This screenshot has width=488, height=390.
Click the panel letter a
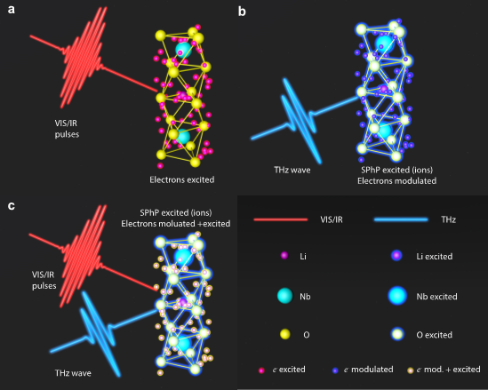click(12, 10)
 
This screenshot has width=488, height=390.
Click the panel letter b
click(242, 12)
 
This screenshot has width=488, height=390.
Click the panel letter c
click(12, 206)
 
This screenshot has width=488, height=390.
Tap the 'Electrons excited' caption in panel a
click(181, 179)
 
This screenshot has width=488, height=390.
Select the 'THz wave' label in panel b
click(292, 170)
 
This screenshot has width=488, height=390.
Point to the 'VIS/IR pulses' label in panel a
click(67, 129)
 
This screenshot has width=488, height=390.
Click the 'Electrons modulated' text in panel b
click(396, 180)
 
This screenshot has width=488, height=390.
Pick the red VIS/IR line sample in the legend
click(281, 219)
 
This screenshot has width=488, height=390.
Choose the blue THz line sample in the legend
click(401, 219)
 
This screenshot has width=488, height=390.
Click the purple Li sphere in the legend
click(284, 255)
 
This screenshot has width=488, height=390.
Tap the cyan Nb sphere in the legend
click(284, 296)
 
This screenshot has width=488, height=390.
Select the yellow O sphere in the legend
click(285, 334)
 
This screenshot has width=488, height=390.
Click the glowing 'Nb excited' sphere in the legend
click(397, 296)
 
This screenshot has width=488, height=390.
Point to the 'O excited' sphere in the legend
click(397, 334)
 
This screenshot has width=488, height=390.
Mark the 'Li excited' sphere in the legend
click(396, 256)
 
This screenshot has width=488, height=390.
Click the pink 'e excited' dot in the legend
click(261, 370)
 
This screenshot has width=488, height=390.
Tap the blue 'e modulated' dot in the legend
click(335, 370)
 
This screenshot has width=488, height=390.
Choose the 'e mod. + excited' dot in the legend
click(410, 370)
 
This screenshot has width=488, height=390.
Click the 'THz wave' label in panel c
click(73, 373)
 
